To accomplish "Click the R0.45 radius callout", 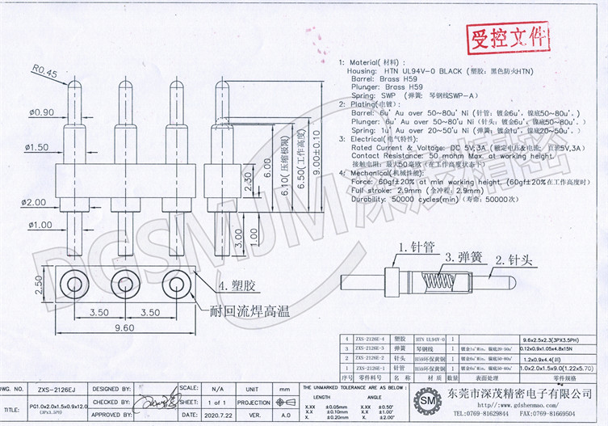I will (x=44, y=73).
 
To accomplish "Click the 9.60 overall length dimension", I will (x=124, y=329).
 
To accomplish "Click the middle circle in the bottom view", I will (x=125, y=283).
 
